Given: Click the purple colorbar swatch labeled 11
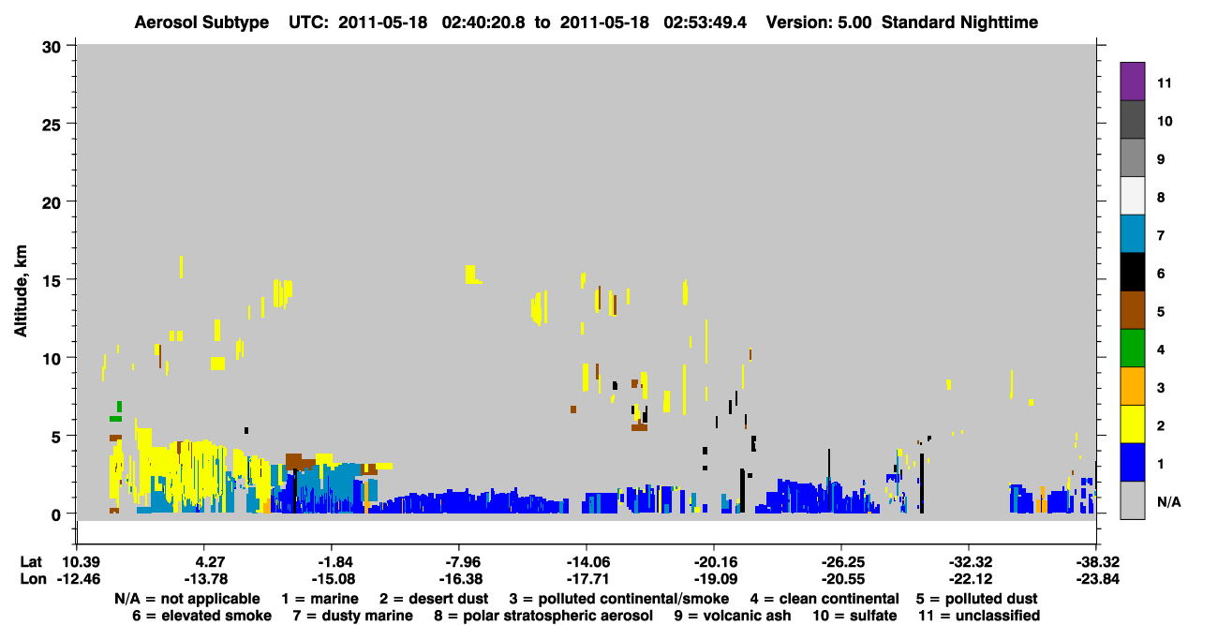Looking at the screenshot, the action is tap(1132, 81).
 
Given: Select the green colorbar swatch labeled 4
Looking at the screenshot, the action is tap(1132, 349).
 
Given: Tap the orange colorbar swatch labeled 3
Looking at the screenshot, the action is tap(1132, 386).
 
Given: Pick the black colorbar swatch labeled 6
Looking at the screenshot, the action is tap(1132, 272).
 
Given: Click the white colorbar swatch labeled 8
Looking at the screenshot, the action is tap(1132, 196).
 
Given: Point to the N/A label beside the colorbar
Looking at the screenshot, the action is tap(1168, 501).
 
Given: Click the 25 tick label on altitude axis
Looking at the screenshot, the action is tap(52, 126).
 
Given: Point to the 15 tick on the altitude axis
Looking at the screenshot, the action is tap(70, 279).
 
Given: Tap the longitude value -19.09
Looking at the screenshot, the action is tap(715, 579).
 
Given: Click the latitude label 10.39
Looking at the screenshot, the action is tap(78, 562).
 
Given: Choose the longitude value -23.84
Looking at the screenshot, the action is tap(1097, 579).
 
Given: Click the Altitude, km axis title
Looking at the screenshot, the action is tap(21, 290).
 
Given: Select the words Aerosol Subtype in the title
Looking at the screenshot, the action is tap(201, 22).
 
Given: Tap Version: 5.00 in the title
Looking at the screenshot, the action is tap(819, 22).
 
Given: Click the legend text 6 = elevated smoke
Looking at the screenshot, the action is tap(201, 616).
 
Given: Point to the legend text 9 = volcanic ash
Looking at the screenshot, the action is tap(733, 616).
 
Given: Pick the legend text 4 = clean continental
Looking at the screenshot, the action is tap(824, 599).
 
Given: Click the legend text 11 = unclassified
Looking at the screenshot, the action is tap(979, 616).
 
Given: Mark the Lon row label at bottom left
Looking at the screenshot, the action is tap(33, 579).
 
